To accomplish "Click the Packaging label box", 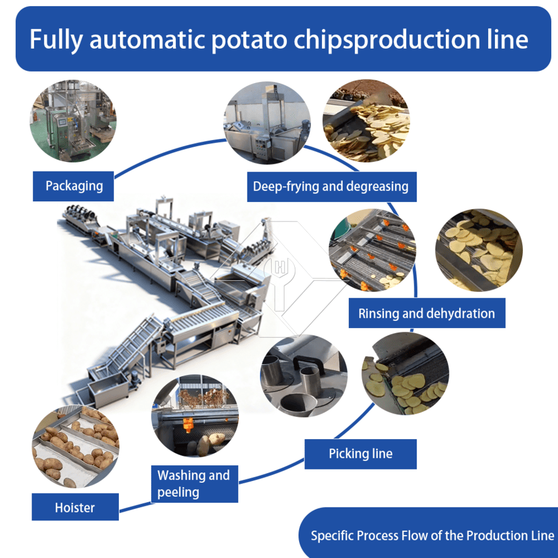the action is [73, 186].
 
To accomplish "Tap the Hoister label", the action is [75, 507].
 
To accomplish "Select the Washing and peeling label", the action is [194, 484].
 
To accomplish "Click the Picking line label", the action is [360, 454].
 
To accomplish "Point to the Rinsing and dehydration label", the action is [426, 313].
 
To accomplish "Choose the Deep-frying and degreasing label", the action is [332, 186].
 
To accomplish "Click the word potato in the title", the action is [249, 39].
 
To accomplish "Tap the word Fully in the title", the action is [56, 39].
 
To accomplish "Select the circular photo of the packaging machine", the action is [73, 121].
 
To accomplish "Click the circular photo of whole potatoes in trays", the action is [75, 446].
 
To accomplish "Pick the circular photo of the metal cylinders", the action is [304, 376].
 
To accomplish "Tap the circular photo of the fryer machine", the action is [267, 123].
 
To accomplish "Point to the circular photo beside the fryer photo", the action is [366, 121].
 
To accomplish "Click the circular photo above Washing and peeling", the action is [195, 415].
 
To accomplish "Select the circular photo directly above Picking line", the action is [405, 374].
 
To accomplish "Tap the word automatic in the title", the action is [147, 39].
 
